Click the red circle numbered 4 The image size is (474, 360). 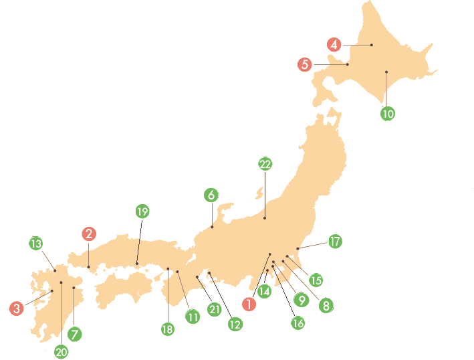(335, 45)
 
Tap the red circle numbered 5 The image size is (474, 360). (305, 65)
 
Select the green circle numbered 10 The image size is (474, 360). (388, 113)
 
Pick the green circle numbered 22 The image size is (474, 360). (265, 164)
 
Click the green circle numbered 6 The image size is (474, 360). (211, 195)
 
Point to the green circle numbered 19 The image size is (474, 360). (142, 211)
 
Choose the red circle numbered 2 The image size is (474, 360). (89, 234)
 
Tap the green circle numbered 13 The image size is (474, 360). (36, 242)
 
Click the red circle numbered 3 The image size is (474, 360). (17, 308)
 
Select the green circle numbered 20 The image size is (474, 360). (62, 351)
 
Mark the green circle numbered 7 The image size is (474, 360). (75, 333)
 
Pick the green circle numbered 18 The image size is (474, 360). (167, 329)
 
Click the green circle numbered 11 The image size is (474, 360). (193, 317)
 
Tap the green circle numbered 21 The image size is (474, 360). (215, 310)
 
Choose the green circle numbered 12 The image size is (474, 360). (235, 325)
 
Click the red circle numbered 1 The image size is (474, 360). (249, 303)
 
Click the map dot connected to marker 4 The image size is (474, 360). (372, 45)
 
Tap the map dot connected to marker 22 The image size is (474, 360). (265, 218)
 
